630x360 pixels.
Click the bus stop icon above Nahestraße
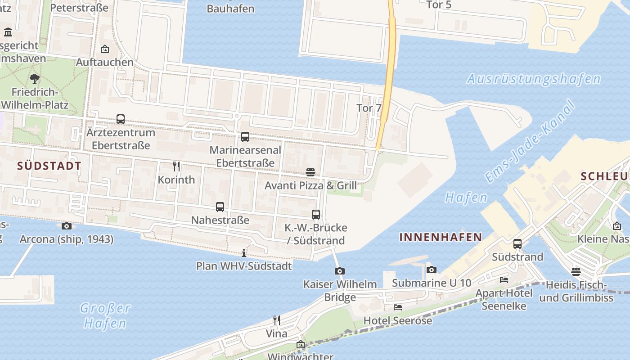pos(220,207)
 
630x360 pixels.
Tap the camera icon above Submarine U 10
pos(431,270)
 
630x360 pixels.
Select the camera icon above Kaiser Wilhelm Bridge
pos(340,271)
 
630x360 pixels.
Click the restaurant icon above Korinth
pos(176,166)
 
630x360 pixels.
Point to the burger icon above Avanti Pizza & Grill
pos(310,172)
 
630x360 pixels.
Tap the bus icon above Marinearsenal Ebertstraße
pos(245,136)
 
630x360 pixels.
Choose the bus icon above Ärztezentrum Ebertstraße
pos(121,119)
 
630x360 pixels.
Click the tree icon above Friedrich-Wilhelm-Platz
pos(35,79)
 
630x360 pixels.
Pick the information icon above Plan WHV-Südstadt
pos(244,253)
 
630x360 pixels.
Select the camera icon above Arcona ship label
pos(67,226)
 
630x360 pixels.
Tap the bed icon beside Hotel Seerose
pos(398,307)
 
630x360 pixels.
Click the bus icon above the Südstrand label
pos(517,244)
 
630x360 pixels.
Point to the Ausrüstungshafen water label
pos(533,79)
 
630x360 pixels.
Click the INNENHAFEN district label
pos(441,237)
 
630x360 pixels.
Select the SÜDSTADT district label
pos(49,166)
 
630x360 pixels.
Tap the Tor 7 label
pos(369,108)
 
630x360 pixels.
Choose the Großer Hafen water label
pos(105,315)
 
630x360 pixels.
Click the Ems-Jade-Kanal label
pos(531,142)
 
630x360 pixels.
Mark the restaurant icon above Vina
pos(277,320)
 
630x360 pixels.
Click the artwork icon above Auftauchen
pos(105,49)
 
